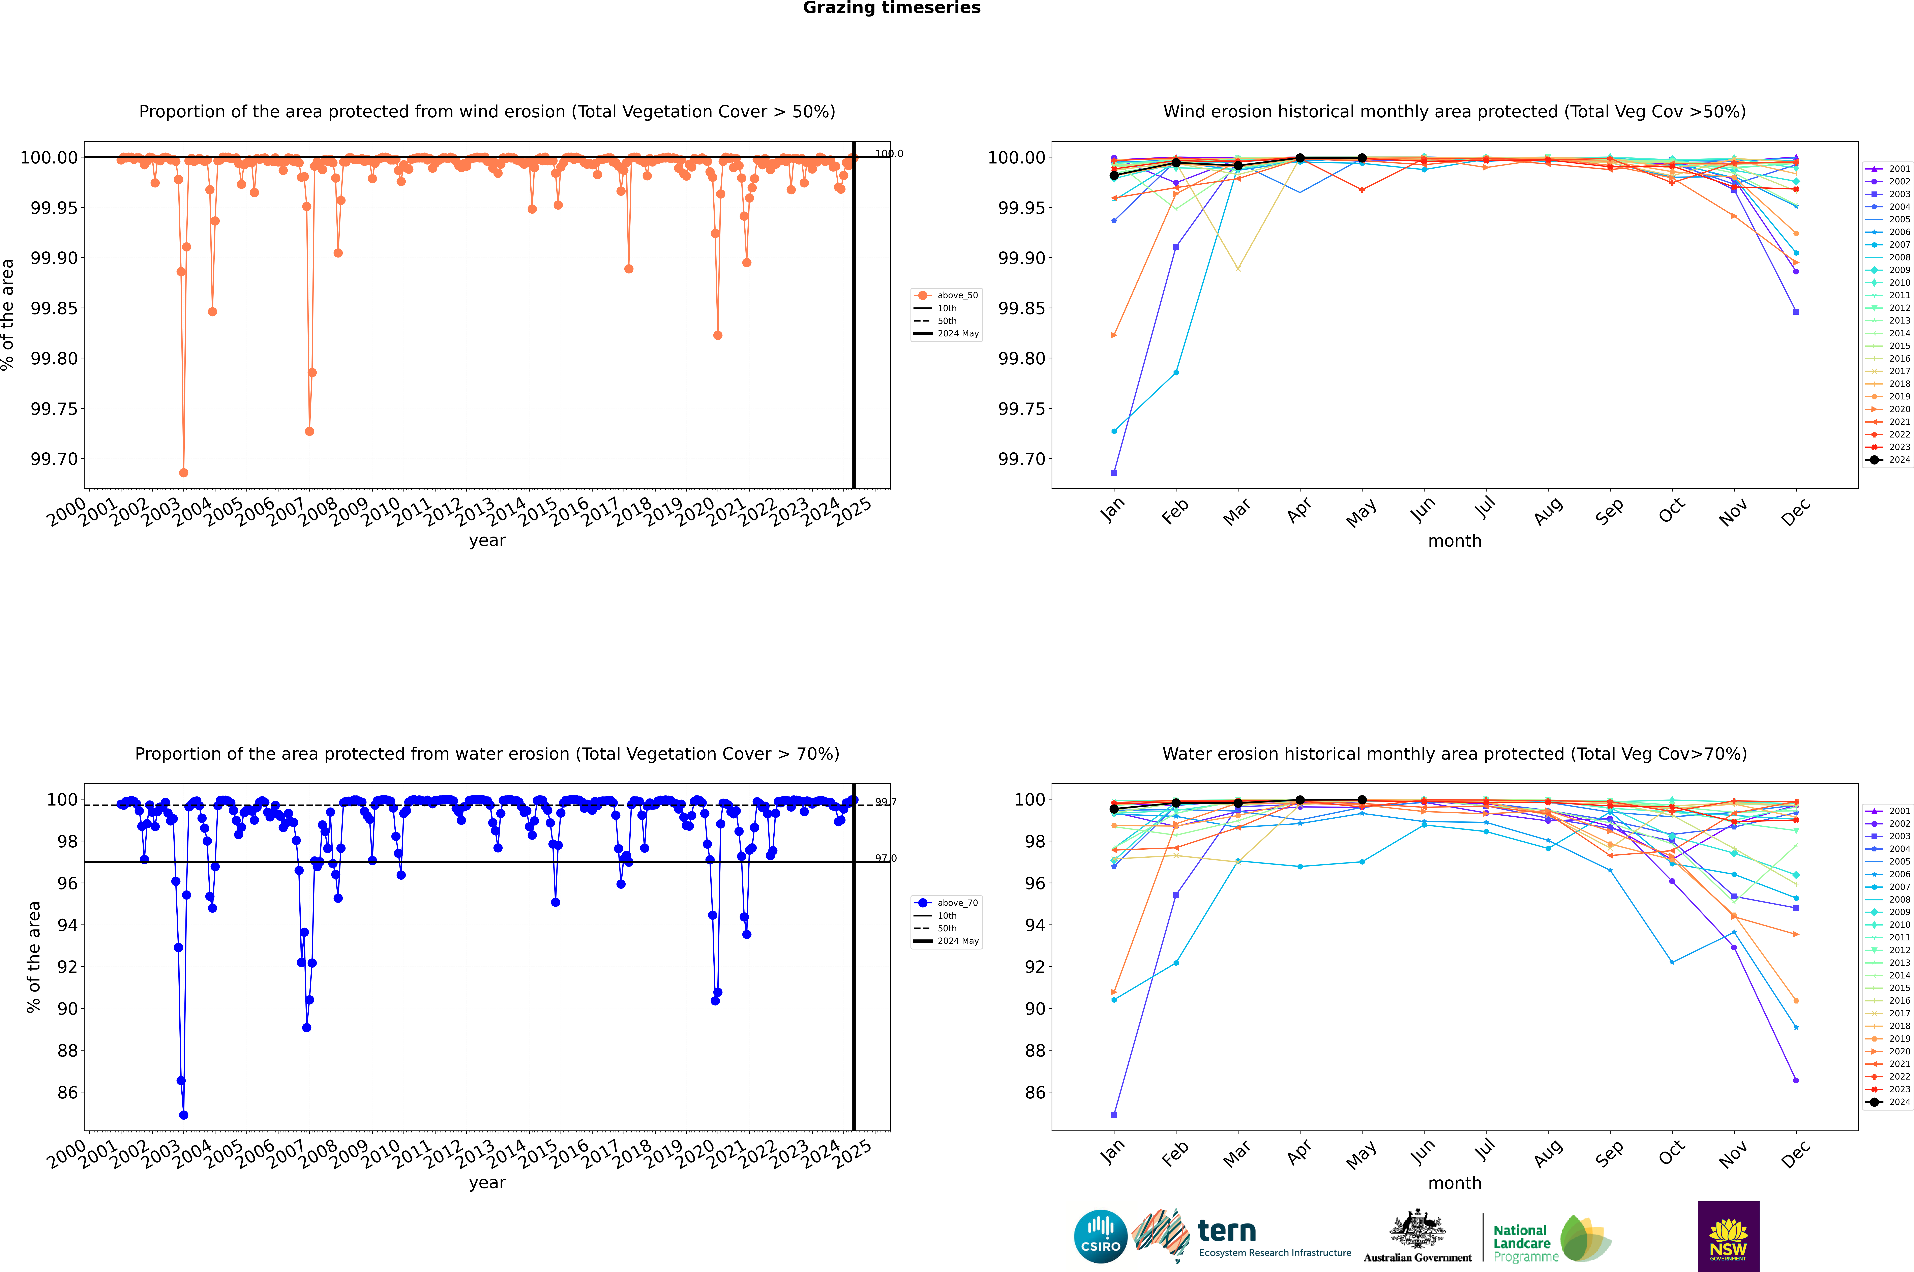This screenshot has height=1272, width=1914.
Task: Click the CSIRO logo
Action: pyautogui.click(x=1100, y=1236)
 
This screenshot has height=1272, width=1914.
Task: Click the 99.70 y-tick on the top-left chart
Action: pyautogui.click(x=54, y=459)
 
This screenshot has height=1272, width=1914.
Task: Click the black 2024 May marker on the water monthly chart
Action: pyautogui.click(x=1362, y=800)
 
